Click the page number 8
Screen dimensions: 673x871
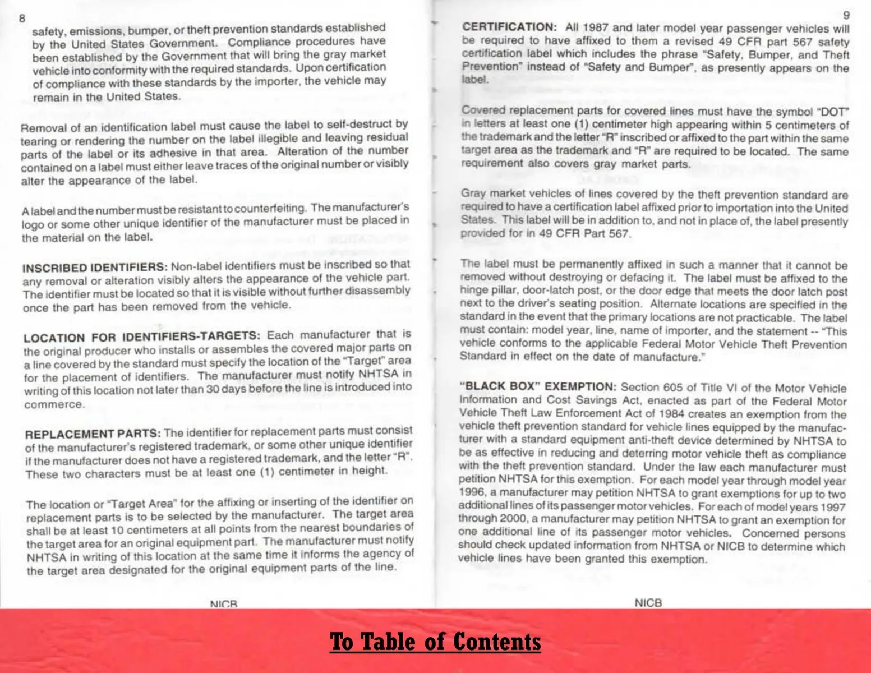(22, 18)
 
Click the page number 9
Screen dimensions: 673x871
(846, 15)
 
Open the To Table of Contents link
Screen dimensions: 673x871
(435, 642)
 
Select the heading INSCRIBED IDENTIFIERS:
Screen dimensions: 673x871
(95, 267)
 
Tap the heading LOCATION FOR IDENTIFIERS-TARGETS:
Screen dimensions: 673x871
(142, 336)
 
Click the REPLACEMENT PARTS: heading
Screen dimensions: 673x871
(93, 434)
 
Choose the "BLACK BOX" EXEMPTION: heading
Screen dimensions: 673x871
(538, 386)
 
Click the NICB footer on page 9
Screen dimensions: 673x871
(648, 603)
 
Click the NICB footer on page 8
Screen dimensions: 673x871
(224, 604)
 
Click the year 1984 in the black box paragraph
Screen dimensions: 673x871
(671, 414)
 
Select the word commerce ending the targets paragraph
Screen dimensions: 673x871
(54, 404)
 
